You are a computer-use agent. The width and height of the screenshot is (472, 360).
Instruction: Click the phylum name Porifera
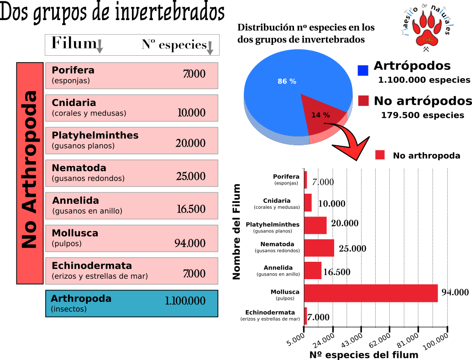pyautogui.click(x=73, y=70)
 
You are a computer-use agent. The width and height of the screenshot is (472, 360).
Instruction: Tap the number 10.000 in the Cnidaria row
pyautogui.click(x=191, y=113)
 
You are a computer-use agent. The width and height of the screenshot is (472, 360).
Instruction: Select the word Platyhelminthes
pyautogui.click(x=95, y=136)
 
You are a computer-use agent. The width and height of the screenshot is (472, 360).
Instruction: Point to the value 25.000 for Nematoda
pyautogui.click(x=190, y=176)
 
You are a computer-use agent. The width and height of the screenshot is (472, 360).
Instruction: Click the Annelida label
pyautogui.click(x=75, y=201)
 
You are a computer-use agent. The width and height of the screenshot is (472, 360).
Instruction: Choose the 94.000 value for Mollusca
pyautogui.click(x=190, y=244)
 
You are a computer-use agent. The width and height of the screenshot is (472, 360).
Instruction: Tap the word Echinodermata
pyautogui.click(x=92, y=266)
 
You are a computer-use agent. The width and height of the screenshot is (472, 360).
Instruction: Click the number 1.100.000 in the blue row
pyautogui.click(x=185, y=301)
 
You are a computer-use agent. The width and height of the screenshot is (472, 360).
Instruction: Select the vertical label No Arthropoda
pyautogui.click(x=30, y=170)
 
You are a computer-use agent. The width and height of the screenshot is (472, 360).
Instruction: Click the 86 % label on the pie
pyautogui.click(x=287, y=81)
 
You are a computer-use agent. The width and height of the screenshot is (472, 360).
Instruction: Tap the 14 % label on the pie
pyautogui.click(x=320, y=115)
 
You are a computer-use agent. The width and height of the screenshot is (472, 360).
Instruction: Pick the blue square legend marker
pyautogui.click(x=363, y=70)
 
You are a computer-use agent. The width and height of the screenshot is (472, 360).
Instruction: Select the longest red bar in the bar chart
pyautogui.click(x=371, y=293)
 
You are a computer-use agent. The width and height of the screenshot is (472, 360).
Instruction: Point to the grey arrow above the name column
pyautogui.click(x=100, y=47)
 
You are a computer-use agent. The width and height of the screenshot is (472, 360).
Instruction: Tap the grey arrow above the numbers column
pyautogui.click(x=210, y=48)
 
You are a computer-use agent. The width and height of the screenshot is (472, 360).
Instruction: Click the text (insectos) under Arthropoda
pyautogui.click(x=68, y=309)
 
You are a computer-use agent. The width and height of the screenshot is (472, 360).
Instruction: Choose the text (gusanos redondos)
pyautogui.click(x=88, y=179)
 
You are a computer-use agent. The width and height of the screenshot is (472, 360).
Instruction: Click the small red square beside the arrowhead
pyautogui.click(x=380, y=155)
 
